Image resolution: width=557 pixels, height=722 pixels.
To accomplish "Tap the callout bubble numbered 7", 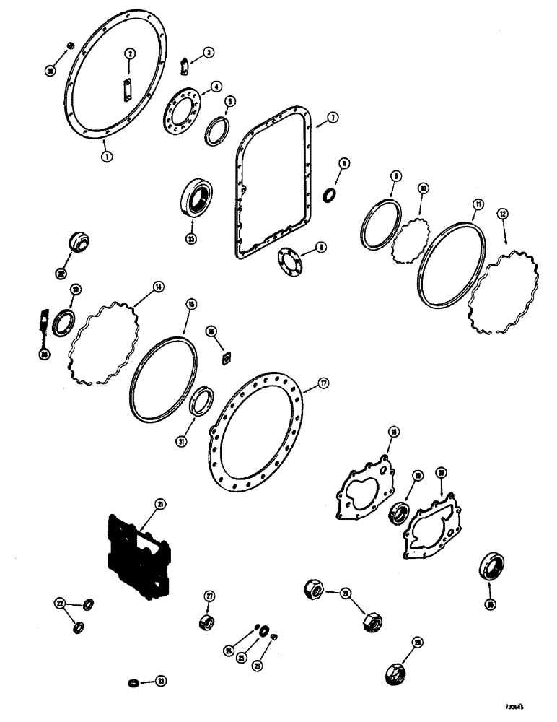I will point(333,117).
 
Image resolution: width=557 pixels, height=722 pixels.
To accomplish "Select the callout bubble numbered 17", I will point(325,384).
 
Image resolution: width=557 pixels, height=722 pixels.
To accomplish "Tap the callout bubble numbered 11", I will point(477,206).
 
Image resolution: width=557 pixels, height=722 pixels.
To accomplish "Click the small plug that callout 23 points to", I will point(131,682).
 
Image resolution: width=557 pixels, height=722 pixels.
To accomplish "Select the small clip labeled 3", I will point(184,67).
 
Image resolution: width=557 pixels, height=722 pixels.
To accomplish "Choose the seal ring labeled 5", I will point(216,132).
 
